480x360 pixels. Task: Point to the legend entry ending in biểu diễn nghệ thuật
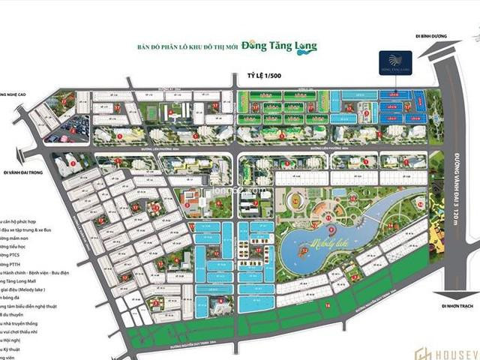point(34,307)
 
